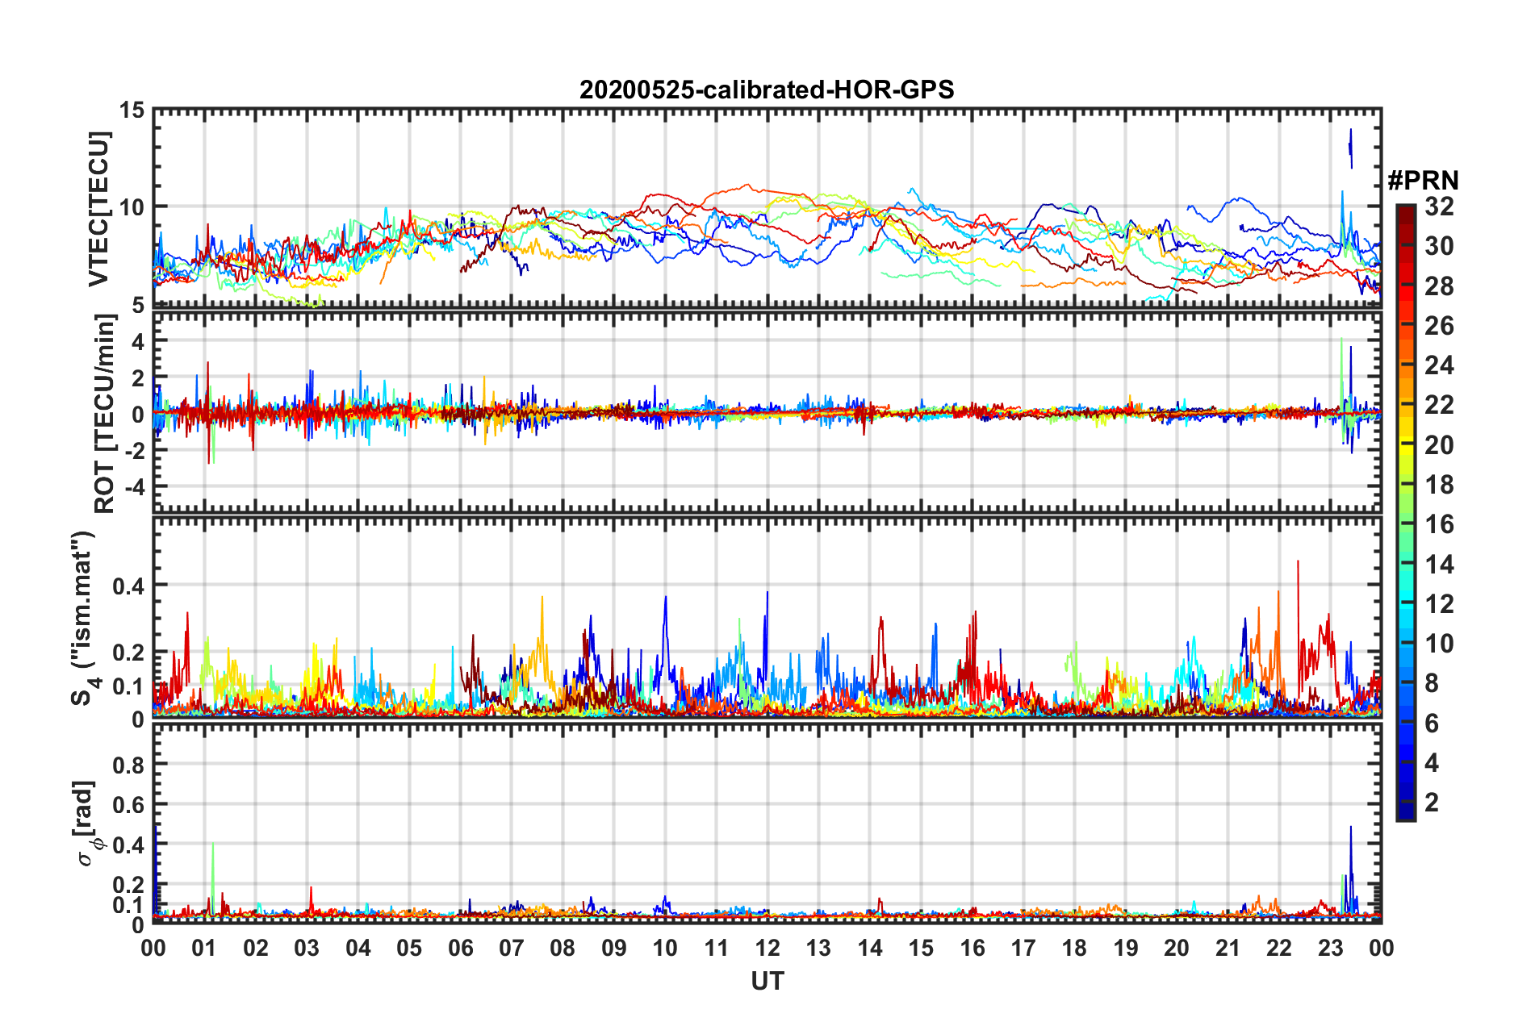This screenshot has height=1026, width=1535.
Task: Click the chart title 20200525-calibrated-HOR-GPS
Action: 767,90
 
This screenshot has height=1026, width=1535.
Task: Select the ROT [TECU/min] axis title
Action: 104,414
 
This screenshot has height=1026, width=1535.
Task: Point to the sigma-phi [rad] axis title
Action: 86,823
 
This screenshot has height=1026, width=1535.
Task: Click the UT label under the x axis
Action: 767,981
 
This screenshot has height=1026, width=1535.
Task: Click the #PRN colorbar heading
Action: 1423,181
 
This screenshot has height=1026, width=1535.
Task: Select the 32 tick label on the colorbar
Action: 1439,206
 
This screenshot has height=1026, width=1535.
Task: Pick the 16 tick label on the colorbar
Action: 1439,524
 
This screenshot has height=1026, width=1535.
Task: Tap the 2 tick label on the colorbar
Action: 1433,802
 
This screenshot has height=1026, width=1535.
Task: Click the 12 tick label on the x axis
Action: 767,948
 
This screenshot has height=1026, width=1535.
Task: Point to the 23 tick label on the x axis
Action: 1330,948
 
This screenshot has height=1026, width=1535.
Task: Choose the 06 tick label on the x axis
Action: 460,948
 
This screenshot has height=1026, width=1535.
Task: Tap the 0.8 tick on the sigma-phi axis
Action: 128,765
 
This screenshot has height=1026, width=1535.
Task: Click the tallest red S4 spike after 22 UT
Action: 1298,563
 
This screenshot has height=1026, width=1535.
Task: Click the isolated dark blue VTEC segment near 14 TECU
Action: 1350,147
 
